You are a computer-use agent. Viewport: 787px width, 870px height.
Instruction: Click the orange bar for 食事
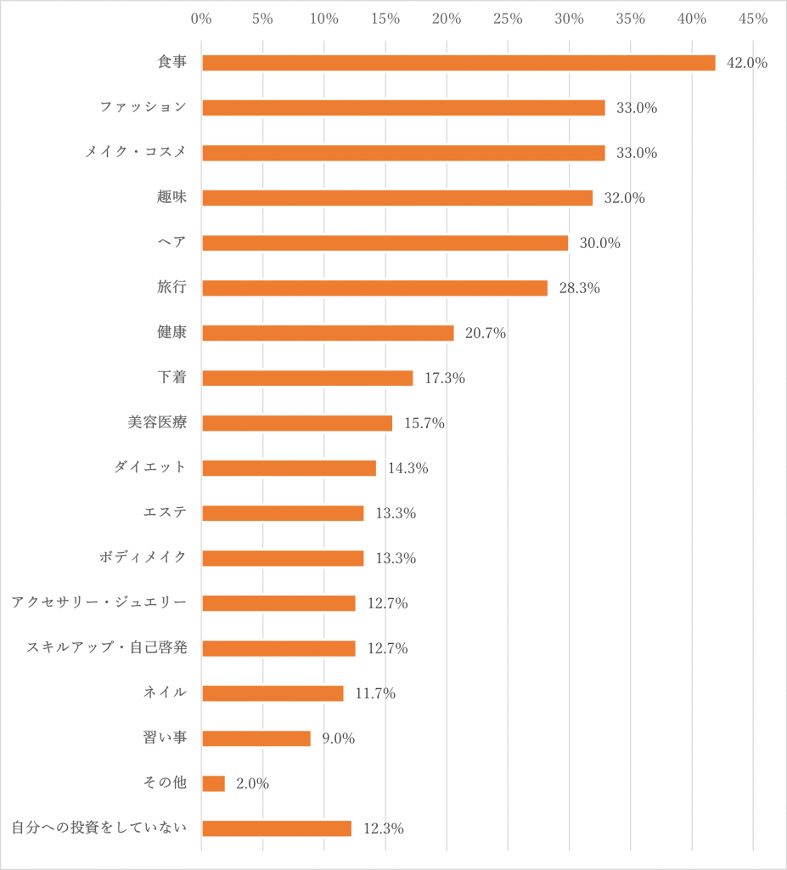(458, 63)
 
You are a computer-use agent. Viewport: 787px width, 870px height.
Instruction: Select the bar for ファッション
(403, 108)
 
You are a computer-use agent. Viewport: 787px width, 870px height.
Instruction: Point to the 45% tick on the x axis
(753, 19)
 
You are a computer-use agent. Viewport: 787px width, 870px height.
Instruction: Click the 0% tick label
(201, 19)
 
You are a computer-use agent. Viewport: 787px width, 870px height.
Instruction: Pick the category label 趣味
(171, 197)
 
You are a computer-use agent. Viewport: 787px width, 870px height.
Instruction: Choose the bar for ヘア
(385, 243)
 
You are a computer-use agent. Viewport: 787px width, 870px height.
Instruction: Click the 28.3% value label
(579, 288)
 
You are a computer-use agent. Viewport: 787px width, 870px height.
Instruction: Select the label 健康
(171, 332)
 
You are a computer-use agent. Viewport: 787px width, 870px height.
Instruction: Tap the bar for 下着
(307, 378)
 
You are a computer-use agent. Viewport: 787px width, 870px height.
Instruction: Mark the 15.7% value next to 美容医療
(424, 423)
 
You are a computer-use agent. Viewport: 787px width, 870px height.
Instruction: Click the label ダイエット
(150, 467)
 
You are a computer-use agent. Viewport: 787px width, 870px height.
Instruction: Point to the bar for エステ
(283, 513)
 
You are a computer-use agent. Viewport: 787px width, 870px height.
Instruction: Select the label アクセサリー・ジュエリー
(98, 602)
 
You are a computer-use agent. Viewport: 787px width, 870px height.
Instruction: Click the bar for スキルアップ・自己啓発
(278, 648)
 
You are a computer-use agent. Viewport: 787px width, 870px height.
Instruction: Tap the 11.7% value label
(375, 693)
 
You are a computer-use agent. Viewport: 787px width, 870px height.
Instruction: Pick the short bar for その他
(213, 783)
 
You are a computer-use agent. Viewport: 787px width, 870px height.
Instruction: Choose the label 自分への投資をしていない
(98, 828)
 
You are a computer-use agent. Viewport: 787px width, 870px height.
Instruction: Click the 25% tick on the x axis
(508, 19)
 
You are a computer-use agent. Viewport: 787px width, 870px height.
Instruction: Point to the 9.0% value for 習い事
(338, 738)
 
